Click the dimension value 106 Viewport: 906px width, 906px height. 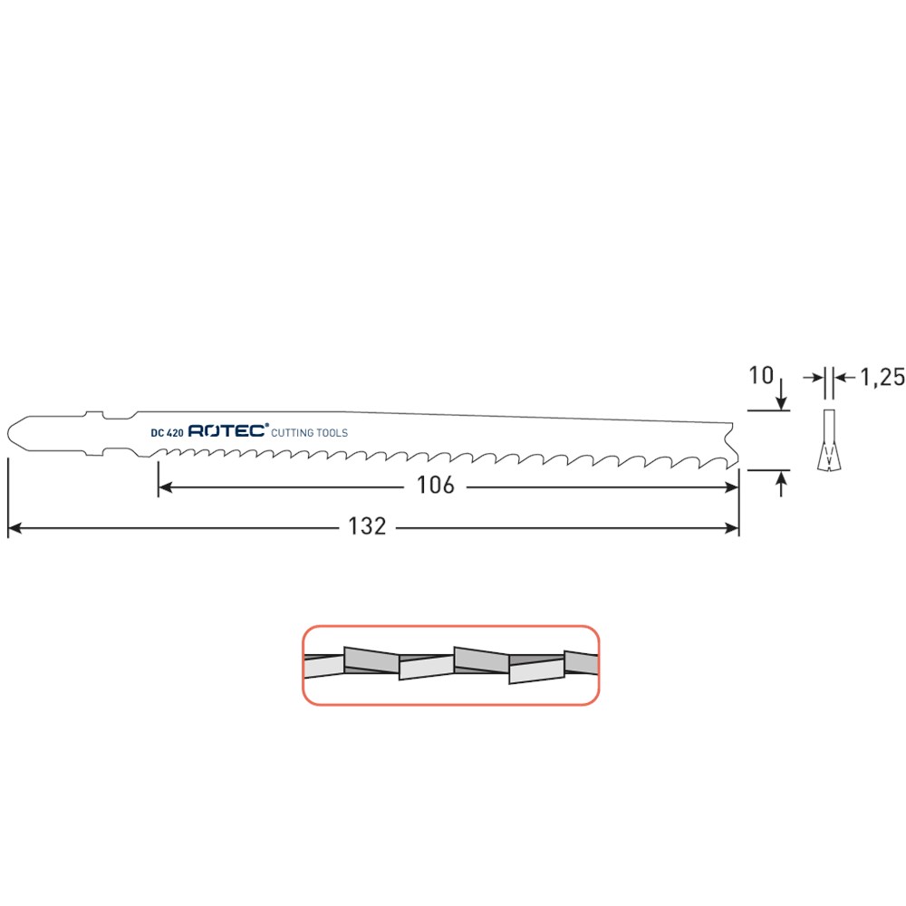pos(436,486)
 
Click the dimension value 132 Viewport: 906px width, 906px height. pos(367,526)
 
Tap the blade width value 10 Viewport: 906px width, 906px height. pos(761,376)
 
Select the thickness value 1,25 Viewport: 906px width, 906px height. pos(882,377)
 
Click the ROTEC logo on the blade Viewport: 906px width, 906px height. pos(228,430)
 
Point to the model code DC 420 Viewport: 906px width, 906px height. pos(167,433)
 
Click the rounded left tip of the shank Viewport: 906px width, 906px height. pos(8,432)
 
